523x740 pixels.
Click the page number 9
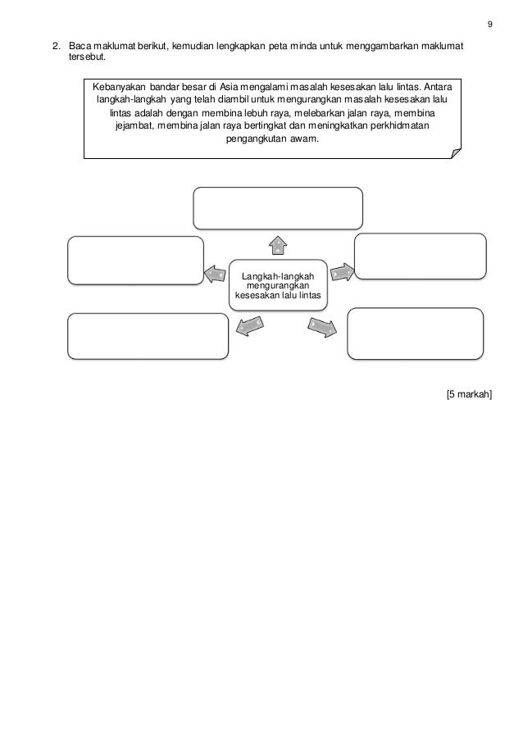coord(490,22)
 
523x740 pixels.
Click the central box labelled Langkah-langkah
coord(278,285)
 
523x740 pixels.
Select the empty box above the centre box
coord(278,208)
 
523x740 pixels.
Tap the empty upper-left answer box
coord(135,261)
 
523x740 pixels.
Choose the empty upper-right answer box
coord(421,257)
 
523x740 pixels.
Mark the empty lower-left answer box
coord(148,335)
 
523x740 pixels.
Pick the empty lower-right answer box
coord(415,334)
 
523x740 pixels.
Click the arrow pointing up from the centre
coord(279,243)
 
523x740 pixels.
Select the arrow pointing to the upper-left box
coord(215,274)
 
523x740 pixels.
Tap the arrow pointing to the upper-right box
coord(343,270)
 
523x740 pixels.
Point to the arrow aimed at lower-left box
coord(249,326)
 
